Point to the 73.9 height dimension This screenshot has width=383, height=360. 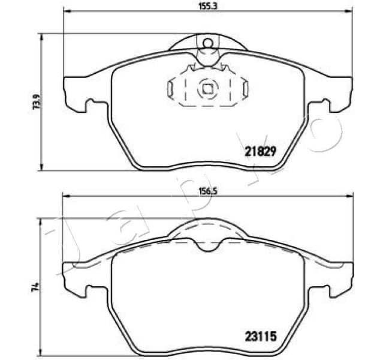click(36, 102)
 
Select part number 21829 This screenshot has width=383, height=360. click(260, 152)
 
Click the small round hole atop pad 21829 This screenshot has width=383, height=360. click(207, 43)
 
